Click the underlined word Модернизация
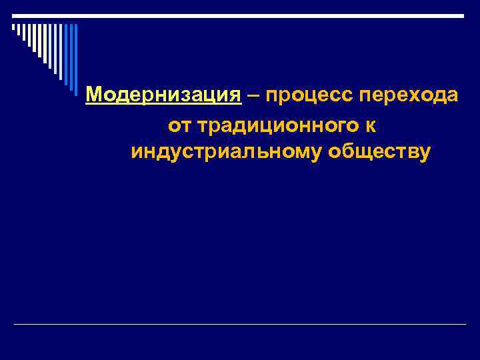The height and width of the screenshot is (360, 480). (x=163, y=95)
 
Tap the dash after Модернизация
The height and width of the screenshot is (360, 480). (x=253, y=95)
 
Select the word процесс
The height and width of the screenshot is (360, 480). (x=309, y=96)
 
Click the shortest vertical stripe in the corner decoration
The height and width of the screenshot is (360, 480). (x=13, y=29)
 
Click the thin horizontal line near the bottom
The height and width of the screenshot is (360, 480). (x=240, y=325)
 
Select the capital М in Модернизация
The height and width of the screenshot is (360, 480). (x=94, y=95)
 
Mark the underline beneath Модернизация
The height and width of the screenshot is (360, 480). (x=163, y=105)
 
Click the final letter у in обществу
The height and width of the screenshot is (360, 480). (x=426, y=154)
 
